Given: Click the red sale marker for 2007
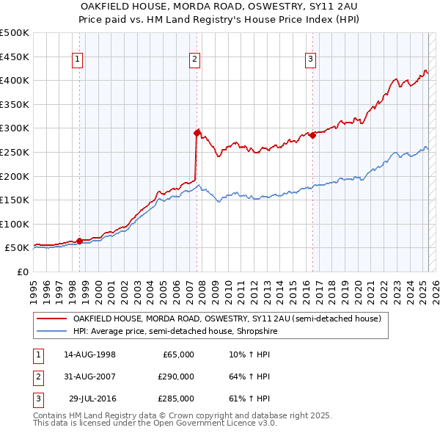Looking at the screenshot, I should tap(197, 133).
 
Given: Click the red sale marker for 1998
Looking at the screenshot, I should tap(79, 240).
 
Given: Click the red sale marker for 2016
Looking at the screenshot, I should tap(312, 135).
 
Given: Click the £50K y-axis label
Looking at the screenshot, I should tap(18, 248).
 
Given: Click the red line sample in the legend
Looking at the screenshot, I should tap(51, 319).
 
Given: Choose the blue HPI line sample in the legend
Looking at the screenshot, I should tap(51, 332).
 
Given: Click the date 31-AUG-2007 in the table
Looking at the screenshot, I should tap(89, 376).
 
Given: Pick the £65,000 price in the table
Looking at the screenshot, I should tap(178, 354).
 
